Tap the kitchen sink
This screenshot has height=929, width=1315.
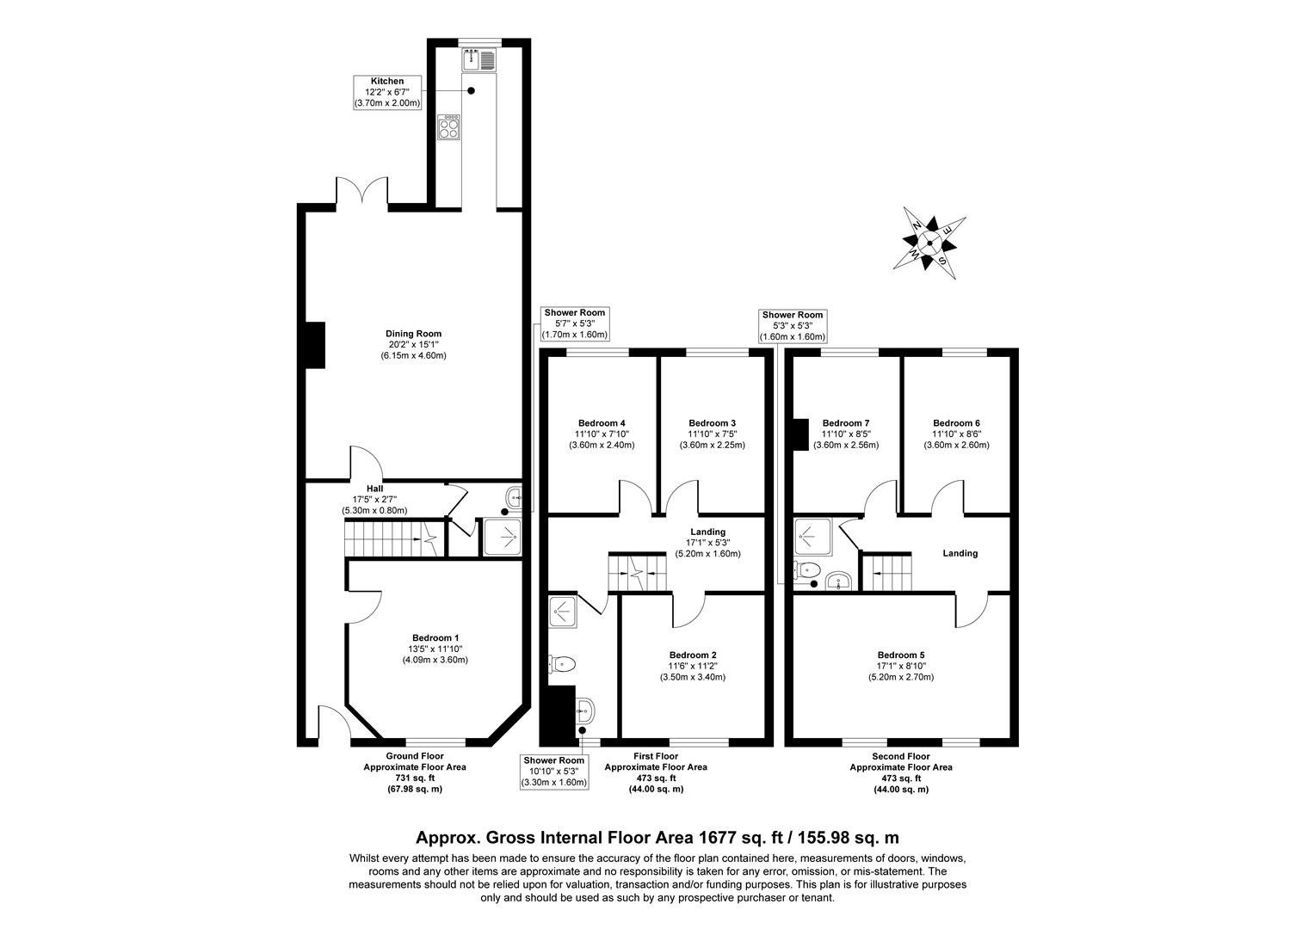pos(478,60)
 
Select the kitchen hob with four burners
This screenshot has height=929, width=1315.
pos(449,128)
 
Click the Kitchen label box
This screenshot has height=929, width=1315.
pos(387,92)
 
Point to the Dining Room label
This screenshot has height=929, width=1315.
pos(413,344)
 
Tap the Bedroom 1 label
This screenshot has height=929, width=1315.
pos(435,649)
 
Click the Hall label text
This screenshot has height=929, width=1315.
pos(374,489)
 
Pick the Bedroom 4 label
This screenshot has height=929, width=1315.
pos(602,434)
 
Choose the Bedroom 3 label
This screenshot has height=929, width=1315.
pos(712,434)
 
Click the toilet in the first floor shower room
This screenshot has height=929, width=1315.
pos(563,663)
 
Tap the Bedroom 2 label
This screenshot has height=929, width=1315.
pos(692,665)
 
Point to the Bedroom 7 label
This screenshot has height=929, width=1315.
pos(845,434)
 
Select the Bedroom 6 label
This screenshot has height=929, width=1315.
pos(956,434)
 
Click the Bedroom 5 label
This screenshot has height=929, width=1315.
pos(901,666)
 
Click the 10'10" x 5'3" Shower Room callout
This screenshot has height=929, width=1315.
pos(554,772)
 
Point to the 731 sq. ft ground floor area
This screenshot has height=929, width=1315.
pos(414,778)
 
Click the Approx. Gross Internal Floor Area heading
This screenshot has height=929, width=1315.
pos(657,837)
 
